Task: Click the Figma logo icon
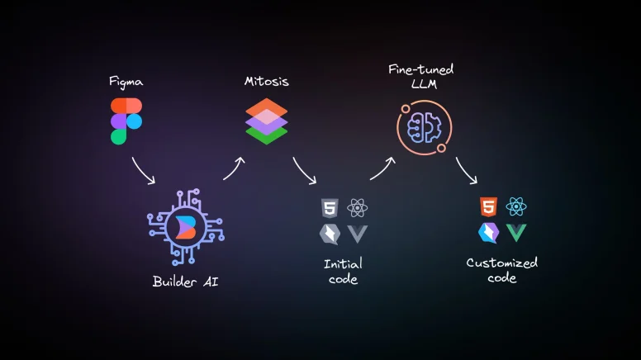(x=126, y=121)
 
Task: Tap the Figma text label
(x=126, y=82)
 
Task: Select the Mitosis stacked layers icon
(x=266, y=121)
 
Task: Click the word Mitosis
(x=266, y=82)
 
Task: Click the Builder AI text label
(x=186, y=282)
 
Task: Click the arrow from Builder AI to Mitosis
(x=234, y=168)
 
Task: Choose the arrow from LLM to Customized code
(x=467, y=170)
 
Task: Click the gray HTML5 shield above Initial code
(x=330, y=207)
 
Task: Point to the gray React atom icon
(x=358, y=207)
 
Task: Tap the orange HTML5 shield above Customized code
(x=489, y=206)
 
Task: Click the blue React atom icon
(x=517, y=206)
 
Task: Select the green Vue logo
(x=517, y=233)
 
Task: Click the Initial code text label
(x=343, y=272)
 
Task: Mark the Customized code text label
(x=502, y=271)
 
